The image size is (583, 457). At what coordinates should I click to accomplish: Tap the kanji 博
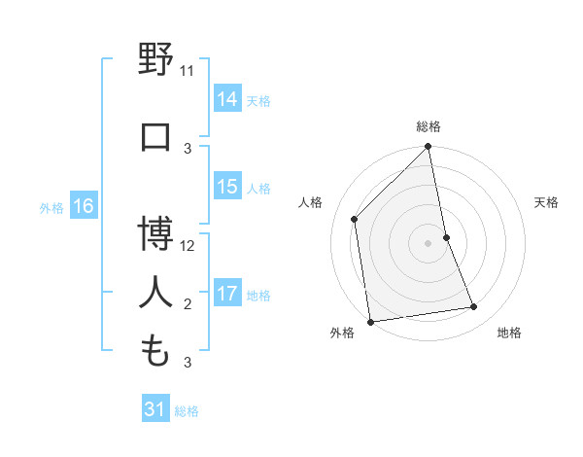pyautogui.click(x=156, y=233)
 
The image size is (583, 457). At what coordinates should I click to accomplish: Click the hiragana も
pyautogui.click(x=156, y=351)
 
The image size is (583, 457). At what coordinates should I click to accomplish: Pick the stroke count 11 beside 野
pyautogui.click(x=188, y=71)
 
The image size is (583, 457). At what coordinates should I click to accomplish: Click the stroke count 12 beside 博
pyautogui.click(x=188, y=246)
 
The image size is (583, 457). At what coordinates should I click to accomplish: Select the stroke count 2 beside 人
pyautogui.click(x=188, y=304)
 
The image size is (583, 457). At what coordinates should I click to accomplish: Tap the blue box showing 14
pyautogui.click(x=227, y=98)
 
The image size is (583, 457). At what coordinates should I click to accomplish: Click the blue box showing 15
pyautogui.click(x=227, y=187)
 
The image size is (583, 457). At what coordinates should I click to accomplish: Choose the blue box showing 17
pyautogui.click(x=227, y=294)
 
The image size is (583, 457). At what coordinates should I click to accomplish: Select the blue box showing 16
pyautogui.click(x=82, y=206)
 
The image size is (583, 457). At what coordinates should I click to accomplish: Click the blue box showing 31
pyautogui.click(x=154, y=410)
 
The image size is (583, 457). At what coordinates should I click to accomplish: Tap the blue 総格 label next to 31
pyautogui.click(x=187, y=411)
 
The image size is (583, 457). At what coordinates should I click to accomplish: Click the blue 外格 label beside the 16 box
pyautogui.click(x=51, y=207)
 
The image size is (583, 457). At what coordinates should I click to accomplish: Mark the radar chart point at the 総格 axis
pyautogui.click(x=428, y=148)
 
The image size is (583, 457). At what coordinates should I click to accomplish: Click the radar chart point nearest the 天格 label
pyautogui.click(x=446, y=237)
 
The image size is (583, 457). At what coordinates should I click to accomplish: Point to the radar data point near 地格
pyautogui.click(x=474, y=307)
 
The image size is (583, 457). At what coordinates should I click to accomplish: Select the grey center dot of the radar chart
pyautogui.click(x=428, y=243)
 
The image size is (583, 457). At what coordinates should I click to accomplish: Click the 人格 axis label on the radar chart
pyautogui.click(x=310, y=202)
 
